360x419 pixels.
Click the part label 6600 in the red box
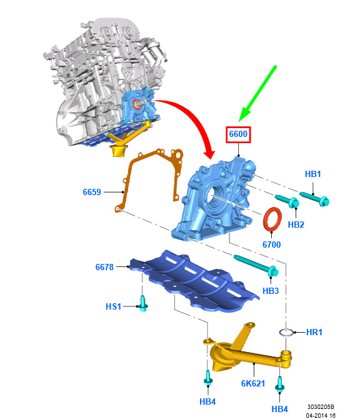pyautogui.click(x=238, y=134)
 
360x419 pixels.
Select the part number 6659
pyautogui.click(x=92, y=192)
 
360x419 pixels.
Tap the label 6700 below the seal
pyautogui.click(x=271, y=245)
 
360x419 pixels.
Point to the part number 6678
pyautogui.click(x=104, y=267)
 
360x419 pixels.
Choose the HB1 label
pyautogui.click(x=312, y=174)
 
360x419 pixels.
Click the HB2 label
pyautogui.click(x=296, y=225)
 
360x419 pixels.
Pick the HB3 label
pyautogui.click(x=271, y=291)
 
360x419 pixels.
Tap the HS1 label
pyautogui.click(x=114, y=306)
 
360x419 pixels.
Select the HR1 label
pyautogui.click(x=314, y=332)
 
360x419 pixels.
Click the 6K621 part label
pyautogui.click(x=253, y=383)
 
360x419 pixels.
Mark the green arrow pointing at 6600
pyautogui.click(x=257, y=94)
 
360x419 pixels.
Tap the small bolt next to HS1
pyautogui.click(x=143, y=303)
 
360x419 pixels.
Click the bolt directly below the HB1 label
pyautogui.click(x=314, y=198)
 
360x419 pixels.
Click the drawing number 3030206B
pyautogui.click(x=321, y=407)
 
